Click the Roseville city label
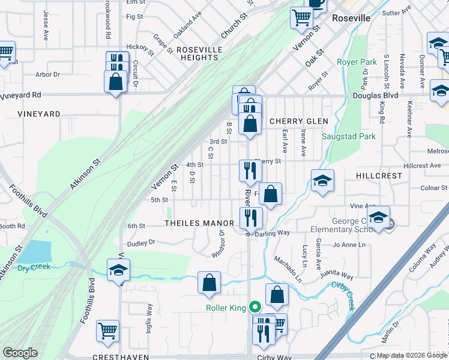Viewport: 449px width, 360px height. (351, 19)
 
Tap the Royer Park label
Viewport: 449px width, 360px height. (357, 62)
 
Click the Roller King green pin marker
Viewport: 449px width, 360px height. (255, 307)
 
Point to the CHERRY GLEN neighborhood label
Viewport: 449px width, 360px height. (298, 121)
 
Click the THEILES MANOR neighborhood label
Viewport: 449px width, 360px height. (199, 223)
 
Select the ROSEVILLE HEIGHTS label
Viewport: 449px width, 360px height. (197, 53)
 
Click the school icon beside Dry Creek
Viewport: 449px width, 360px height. (118, 271)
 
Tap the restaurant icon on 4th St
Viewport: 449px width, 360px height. (250, 171)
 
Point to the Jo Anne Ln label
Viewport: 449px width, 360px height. (349, 245)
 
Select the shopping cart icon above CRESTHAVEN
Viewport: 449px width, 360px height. (107, 331)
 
